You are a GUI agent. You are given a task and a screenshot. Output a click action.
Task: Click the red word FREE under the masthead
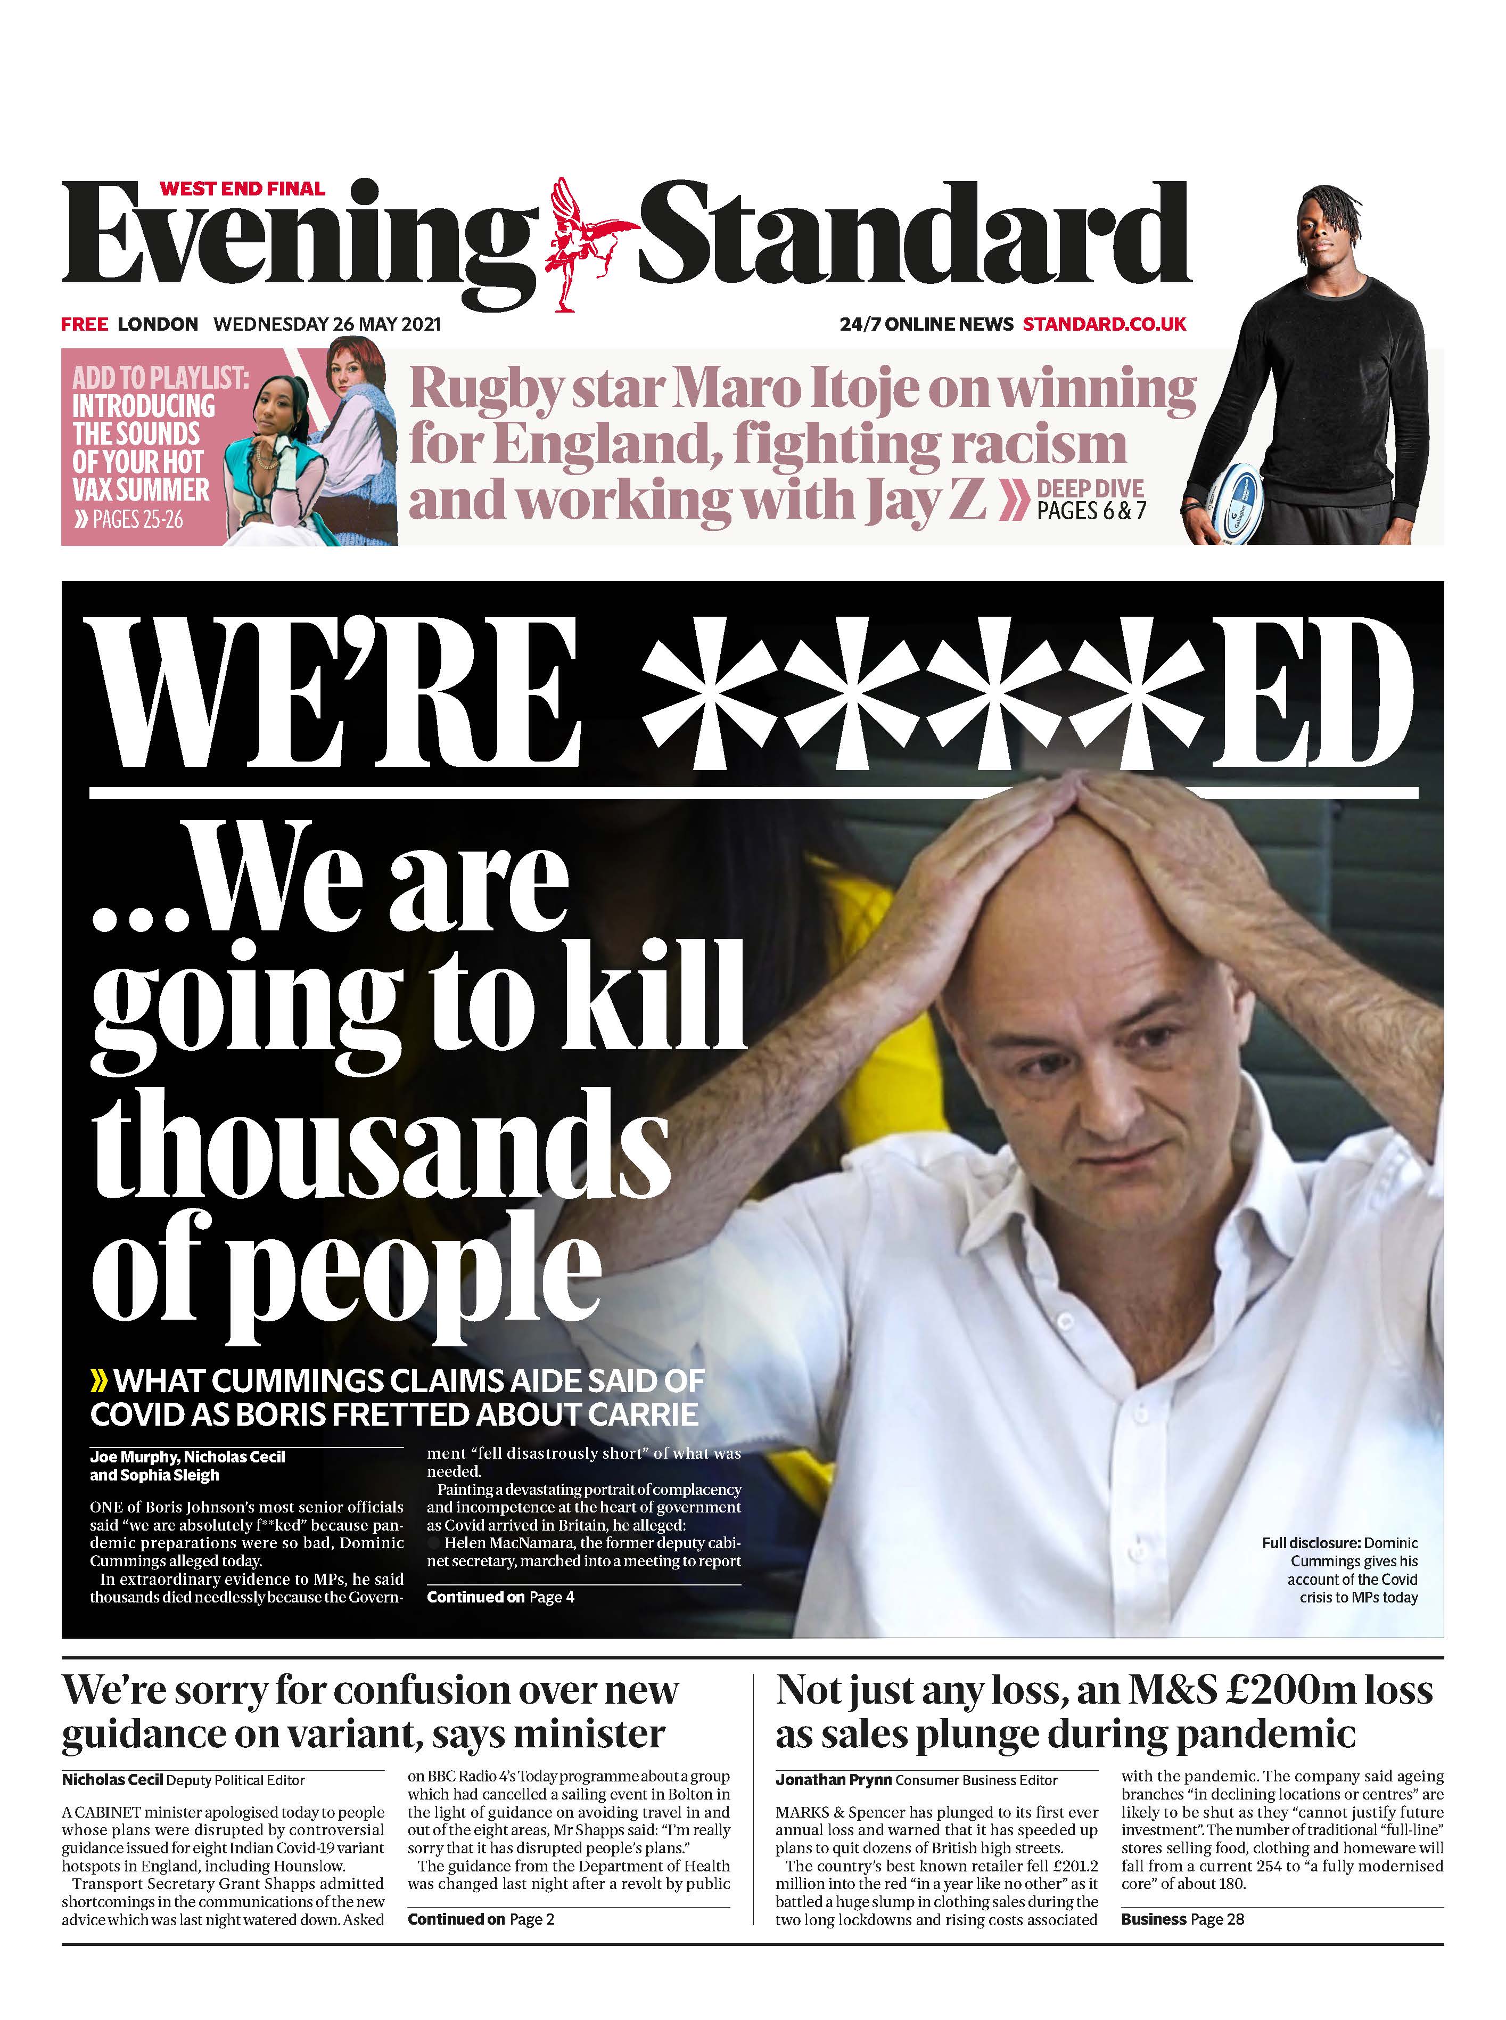click(84, 324)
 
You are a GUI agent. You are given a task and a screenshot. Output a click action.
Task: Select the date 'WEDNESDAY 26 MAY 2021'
click(326, 324)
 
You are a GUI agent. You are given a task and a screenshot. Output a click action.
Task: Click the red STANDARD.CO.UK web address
click(1104, 324)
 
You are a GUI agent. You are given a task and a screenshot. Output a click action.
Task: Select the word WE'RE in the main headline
click(335, 693)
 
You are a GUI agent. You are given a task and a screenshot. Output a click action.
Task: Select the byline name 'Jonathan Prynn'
click(833, 1806)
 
